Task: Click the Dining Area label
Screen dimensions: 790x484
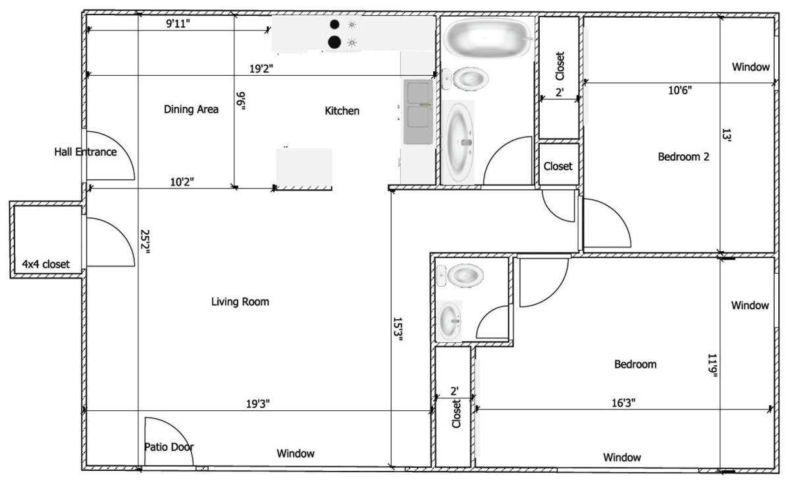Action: click(191, 109)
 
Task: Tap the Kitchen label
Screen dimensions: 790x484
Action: click(342, 111)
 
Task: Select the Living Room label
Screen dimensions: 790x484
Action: click(240, 302)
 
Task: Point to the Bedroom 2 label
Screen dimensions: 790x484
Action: click(683, 156)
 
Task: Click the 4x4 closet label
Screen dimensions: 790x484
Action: click(46, 264)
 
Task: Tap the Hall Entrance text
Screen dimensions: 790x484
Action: click(86, 152)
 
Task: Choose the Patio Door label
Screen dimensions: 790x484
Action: click(169, 447)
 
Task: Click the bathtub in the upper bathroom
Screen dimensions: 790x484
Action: click(488, 38)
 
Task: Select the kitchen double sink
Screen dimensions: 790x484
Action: click(418, 111)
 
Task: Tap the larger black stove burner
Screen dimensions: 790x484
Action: click(334, 42)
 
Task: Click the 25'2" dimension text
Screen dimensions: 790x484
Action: click(145, 244)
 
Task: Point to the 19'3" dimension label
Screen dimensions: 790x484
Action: click(258, 404)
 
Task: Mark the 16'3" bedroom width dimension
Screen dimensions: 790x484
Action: click(623, 403)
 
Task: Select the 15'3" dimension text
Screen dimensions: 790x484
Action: click(398, 329)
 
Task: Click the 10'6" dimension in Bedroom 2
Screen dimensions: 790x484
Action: click(680, 90)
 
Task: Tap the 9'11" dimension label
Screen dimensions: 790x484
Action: click(178, 24)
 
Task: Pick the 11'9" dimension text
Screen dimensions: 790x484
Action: click(712, 366)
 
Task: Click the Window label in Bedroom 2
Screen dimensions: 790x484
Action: click(751, 67)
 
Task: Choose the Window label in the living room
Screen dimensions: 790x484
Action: click(296, 453)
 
